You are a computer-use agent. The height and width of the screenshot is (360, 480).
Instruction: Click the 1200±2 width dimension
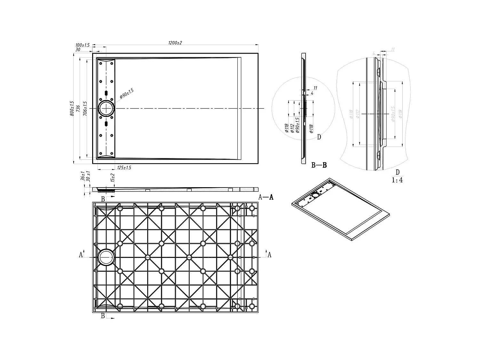(175, 43)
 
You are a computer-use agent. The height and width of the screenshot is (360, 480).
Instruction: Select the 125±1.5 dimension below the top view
(124, 168)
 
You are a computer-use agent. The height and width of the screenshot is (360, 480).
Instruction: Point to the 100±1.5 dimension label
(82, 45)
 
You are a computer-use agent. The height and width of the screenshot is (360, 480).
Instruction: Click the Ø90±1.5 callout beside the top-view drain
(127, 93)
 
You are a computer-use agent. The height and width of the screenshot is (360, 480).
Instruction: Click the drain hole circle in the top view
(106, 108)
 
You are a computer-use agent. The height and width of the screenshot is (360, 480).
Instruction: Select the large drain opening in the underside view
(106, 257)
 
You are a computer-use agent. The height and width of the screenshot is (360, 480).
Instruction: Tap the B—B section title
(319, 165)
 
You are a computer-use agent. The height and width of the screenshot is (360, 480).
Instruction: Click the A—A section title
(266, 197)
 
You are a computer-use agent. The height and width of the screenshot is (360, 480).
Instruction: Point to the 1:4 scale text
(397, 180)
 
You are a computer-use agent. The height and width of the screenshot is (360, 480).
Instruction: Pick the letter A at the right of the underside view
(269, 255)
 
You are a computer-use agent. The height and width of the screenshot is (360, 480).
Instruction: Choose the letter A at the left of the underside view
(81, 255)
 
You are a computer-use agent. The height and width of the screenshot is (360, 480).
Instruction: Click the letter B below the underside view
(103, 316)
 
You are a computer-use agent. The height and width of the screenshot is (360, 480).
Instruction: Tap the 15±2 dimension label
(112, 177)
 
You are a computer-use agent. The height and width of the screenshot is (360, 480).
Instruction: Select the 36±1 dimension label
(83, 176)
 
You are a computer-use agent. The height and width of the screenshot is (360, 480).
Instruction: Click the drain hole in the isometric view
(316, 195)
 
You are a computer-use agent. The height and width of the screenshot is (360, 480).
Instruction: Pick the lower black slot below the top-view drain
(106, 124)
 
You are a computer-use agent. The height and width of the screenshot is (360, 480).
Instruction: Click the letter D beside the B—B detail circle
(319, 137)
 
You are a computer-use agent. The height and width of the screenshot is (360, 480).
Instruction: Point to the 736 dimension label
(78, 108)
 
